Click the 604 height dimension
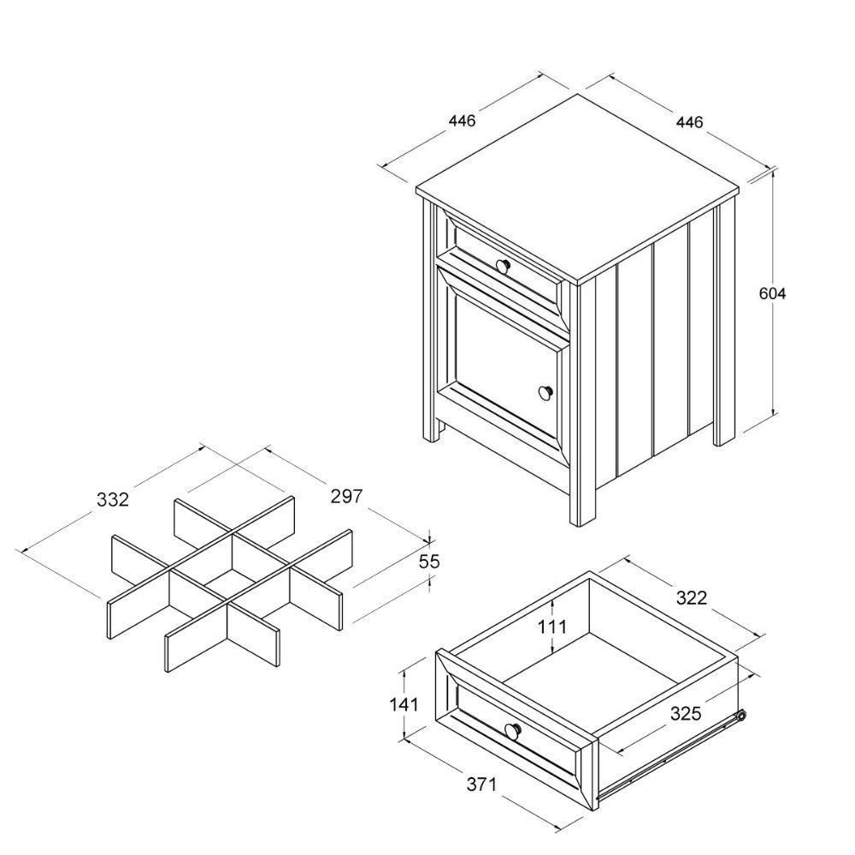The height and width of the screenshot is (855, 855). pyautogui.click(x=772, y=293)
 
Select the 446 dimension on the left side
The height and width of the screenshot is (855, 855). pyautogui.click(x=461, y=121)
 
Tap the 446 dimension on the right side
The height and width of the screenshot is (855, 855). pyautogui.click(x=689, y=122)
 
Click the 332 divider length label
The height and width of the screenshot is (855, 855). pyautogui.click(x=112, y=499)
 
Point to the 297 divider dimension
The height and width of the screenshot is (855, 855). pyautogui.click(x=346, y=496)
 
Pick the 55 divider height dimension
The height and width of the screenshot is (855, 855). pyautogui.click(x=428, y=562)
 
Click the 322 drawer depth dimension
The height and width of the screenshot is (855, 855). pyautogui.click(x=691, y=598)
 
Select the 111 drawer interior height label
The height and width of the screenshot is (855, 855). pyautogui.click(x=552, y=627)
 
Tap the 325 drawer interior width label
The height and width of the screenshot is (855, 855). pyautogui.click(x=685, y=713)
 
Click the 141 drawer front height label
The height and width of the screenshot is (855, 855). pyautogui.click(x=403, y=705)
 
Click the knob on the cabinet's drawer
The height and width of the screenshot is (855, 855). pyautogui.click(x=503, y=265)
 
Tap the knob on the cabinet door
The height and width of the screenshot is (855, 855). pyautogui.click(x=545, y=392)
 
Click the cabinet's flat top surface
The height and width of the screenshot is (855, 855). pyautogui.click(x=577, y=188)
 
